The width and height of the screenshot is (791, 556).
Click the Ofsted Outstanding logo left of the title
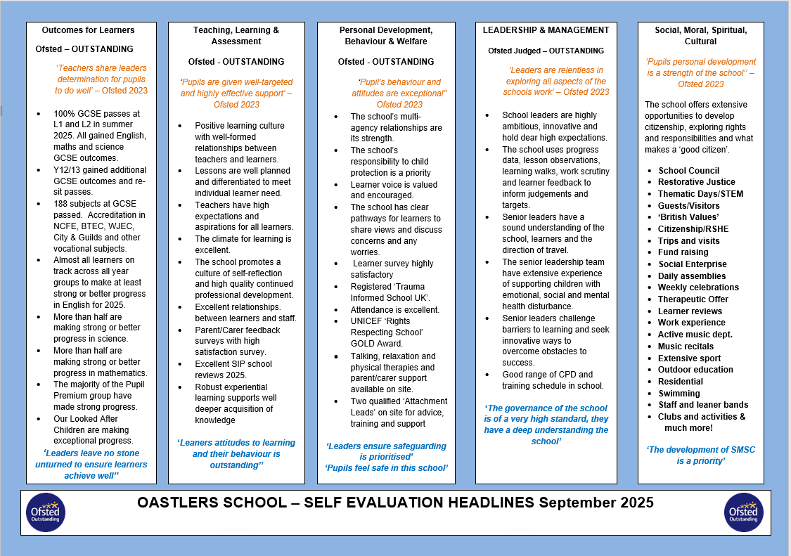(x=46, y=512)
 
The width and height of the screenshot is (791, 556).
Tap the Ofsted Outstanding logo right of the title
(x=743, y=512)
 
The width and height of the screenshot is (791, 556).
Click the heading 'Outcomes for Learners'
(x=88, y=30)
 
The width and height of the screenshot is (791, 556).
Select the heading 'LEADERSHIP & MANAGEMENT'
(x=546, y=30)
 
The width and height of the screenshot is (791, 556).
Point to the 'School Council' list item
(x=688, y=171)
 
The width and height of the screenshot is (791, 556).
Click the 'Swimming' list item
(x=679, y=394)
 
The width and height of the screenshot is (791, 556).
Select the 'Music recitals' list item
(x=686, y=347)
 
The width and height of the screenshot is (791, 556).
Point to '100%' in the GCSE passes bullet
(x=64, y=113)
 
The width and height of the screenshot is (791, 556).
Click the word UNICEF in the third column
(x=367, y=321)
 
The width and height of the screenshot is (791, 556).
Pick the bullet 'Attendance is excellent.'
(x=395, y=310)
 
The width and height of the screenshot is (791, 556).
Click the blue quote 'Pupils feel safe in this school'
(x=386, y=468)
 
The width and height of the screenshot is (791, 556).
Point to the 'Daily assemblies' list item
(x=692, y=276)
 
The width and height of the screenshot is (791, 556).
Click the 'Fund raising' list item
(x=683, y=252)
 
